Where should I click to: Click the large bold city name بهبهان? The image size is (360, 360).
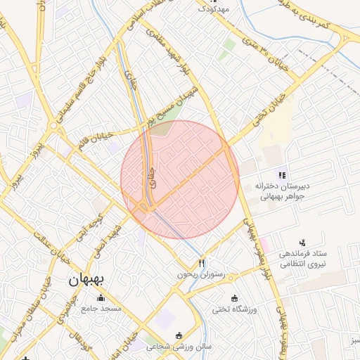86,280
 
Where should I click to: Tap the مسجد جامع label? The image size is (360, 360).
101,308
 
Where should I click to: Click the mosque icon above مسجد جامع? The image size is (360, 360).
101,297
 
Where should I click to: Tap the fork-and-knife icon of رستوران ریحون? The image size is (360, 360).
202,263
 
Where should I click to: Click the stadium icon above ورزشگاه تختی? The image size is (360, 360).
234,297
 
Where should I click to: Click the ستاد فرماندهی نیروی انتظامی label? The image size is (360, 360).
302,258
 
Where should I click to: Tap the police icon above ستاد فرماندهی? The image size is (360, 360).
302,242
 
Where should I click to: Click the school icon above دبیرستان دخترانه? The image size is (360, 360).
281,175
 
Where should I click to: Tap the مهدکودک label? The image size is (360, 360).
214,8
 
